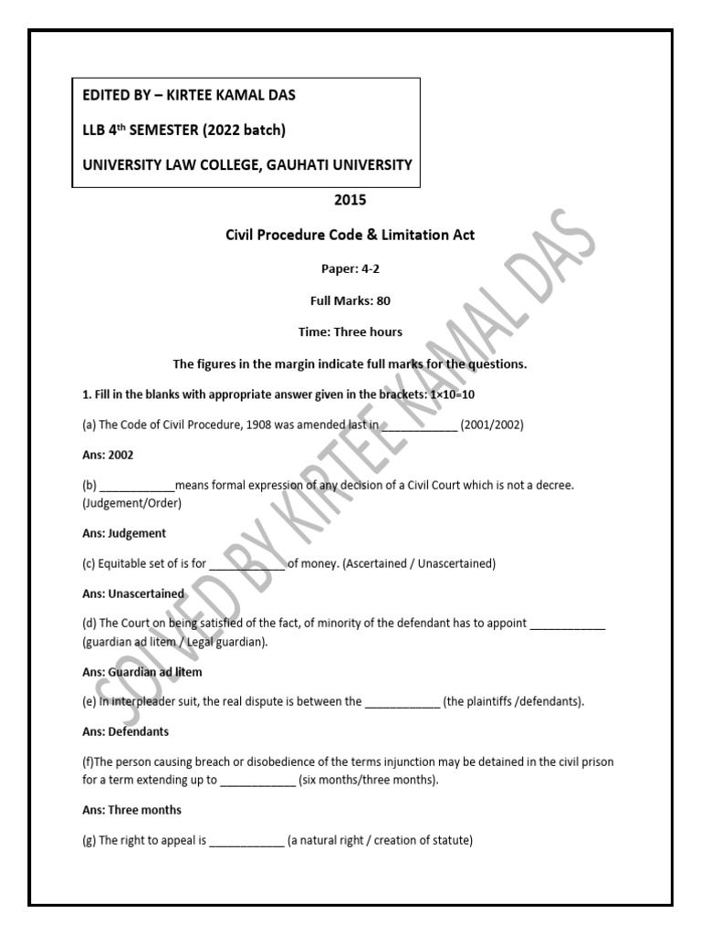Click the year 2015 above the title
pyautogui.click(x=350, y=200)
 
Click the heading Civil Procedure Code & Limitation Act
pyautogui.click(x=350, y=235)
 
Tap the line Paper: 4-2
pyautogui.click(x=350, y=268)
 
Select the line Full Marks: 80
pyautogui.click(x=350, y=299)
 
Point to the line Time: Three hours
pyautogui.click(x=350, y=331)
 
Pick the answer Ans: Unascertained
pyautogui.click(x=133, y=594)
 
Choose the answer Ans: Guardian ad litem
pyautogui.click(x=141, y=672)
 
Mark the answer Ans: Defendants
pyautogui.click(x=125, y=731)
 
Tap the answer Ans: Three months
pyautogui.click(x=131, y=810)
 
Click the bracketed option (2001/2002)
pyautogui.click(x=492, y=425)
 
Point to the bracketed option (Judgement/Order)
pyautogui.click(x=131, y=503)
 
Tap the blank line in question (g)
pyautogui.click(x=246, y=842)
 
